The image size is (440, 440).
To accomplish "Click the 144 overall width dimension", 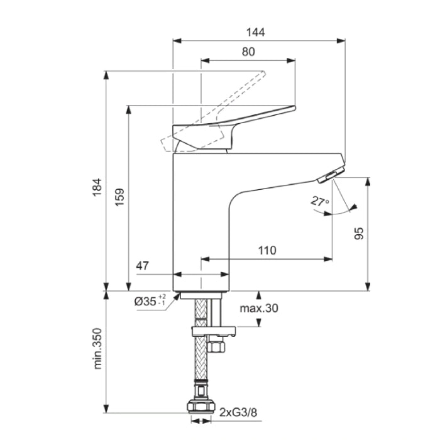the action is pyautogui.click(x=256, y=32).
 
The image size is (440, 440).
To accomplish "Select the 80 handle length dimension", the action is pyautogui.click(x=248, y=52).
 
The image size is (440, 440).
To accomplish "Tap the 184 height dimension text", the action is pyautogui.click(x=97, y=187).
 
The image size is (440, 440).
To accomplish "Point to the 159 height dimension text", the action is pyautogui.click(x=119, y=197).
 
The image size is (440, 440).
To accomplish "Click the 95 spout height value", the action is pyautogui.click(x=359, y=233).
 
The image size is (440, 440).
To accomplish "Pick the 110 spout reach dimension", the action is pyautogui.click(x=267, y=250).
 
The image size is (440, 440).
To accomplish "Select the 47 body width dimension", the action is pyautogui.click(x=142, y=265).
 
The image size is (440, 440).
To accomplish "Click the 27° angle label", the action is pyautogui.click(x=320, y=202).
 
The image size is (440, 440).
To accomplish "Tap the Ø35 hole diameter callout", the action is pyautogui.click(x=150, y=301).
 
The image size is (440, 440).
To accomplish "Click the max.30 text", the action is pyautogui.click(x=259, y=309).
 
